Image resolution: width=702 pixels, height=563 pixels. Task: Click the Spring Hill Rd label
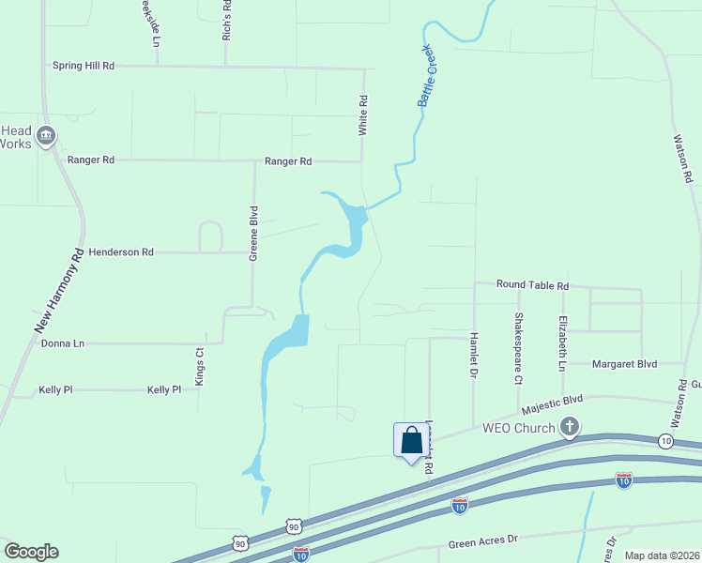pyautogui.click(x=84, y=66)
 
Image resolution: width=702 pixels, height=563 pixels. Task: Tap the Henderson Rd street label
pyautogui.click(x=121, y=252)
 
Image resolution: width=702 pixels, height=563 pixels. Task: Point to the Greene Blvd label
pyautogui.click(x=252, y=233)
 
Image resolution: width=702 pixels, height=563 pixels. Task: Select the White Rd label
pyautogui.click(x=362, y=115)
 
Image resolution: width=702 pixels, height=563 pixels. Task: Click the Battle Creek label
pyautogui.click(x=428, y=76)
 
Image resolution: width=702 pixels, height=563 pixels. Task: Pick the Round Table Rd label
pyautogui.click(x=532, y=285)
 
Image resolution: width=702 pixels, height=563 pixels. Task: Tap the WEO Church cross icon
pyautogui.click(x=569, y=428)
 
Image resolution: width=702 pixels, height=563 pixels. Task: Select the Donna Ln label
pyautogui.click(x=63, y=343)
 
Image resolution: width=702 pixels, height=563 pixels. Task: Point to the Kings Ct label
pyautogui.click(x=199, y=367)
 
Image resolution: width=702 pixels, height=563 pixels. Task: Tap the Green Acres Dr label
pyautogui.click(x=482, y=542)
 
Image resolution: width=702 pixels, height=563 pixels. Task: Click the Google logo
pyautogui.click(x=31, y=552)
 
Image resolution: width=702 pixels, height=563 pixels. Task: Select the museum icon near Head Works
pyautogui.click(x=46, y=137)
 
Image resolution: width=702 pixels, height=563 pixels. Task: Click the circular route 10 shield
pyautogui.click(x=665, y=440)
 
